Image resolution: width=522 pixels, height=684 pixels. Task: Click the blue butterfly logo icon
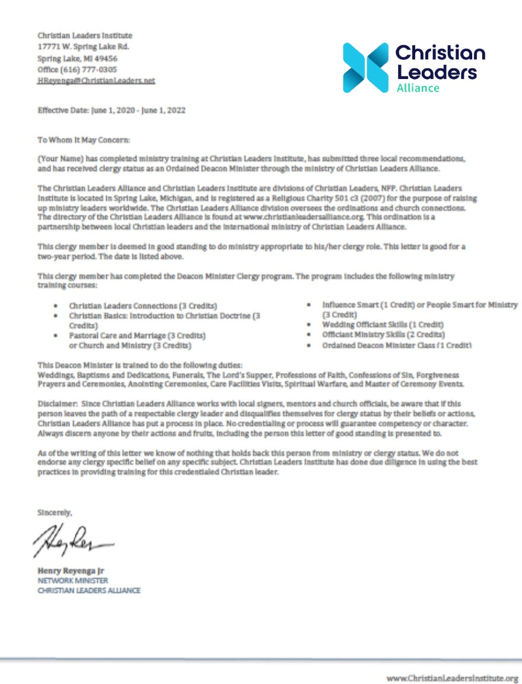coord(365,67)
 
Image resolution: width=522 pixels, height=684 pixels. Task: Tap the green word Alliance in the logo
coord(418,88)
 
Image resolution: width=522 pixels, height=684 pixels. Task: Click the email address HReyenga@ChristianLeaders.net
coord(96,81)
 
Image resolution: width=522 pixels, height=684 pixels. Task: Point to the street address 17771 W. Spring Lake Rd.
coord(83,47)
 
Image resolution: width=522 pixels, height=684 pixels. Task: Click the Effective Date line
coord(112,111)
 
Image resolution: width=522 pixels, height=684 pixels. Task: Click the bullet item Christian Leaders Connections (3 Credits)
coord(143,305)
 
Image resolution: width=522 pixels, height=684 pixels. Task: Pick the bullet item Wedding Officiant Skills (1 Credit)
coord(383,325)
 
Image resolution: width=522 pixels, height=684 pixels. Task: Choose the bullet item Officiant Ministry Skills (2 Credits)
coord(383,335)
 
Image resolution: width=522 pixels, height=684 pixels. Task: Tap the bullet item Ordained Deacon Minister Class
coord(397,345)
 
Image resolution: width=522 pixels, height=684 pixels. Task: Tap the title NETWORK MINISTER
coord(72,581)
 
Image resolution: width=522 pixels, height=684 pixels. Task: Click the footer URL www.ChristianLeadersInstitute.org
coord(453,677)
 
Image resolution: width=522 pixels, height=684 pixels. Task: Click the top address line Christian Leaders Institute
coord(85,36)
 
